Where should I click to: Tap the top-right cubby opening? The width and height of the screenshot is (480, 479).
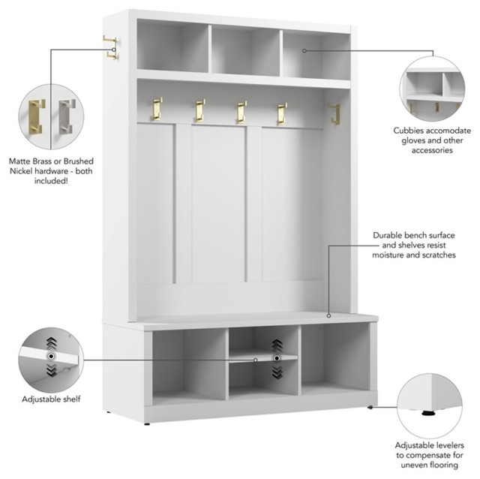[x=315, y=54]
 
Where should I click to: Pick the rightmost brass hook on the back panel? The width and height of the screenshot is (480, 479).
[x=280, y=113]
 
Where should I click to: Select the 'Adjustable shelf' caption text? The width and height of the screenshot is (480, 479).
[x=51, y=399]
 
